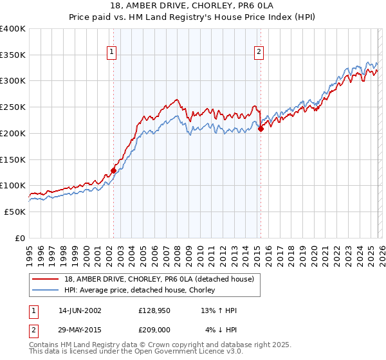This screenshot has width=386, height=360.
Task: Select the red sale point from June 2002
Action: [114, 170]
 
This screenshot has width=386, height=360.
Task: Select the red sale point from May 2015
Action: [261, 129]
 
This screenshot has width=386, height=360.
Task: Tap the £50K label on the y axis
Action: [15, 212]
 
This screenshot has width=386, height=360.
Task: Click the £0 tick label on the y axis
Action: [20, 238]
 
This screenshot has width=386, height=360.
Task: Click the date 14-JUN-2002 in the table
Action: [80, 310]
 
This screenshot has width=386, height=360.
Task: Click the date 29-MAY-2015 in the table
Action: [80, 330]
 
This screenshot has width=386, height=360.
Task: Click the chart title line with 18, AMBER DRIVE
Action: [193, 6]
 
